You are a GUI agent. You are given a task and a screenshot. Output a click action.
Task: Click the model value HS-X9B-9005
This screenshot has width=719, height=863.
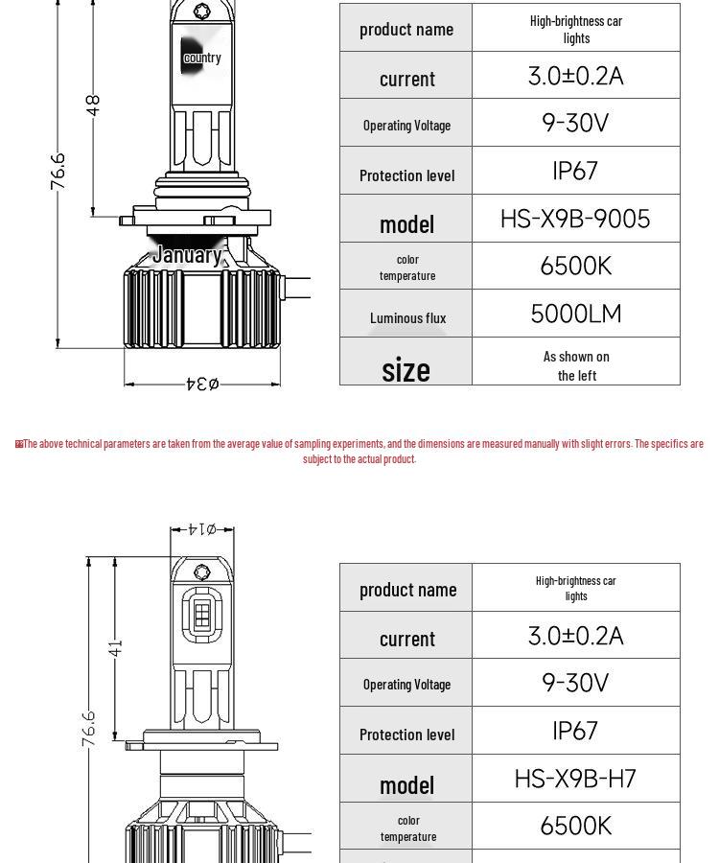(575, 219)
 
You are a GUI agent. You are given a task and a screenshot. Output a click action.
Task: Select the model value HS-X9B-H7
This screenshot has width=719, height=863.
(575, 779)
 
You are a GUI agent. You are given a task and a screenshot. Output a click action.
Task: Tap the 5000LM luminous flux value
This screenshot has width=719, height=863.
(576, 314)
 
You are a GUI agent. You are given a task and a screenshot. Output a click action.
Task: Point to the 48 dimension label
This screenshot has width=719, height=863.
(93, 105)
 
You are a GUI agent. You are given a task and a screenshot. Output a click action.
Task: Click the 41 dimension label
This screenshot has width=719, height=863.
(116, 648)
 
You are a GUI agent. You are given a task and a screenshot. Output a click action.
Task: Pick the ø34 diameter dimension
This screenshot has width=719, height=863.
(202, 383)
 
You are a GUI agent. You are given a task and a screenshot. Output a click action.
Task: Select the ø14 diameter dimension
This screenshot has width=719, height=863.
(202, 529)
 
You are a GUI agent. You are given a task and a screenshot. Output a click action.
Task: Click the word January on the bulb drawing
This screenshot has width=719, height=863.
(187, 255)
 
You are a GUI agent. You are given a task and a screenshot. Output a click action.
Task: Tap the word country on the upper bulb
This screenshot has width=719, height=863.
(202, 58)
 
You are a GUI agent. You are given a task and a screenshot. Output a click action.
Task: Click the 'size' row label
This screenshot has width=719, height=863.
(406, 369)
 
